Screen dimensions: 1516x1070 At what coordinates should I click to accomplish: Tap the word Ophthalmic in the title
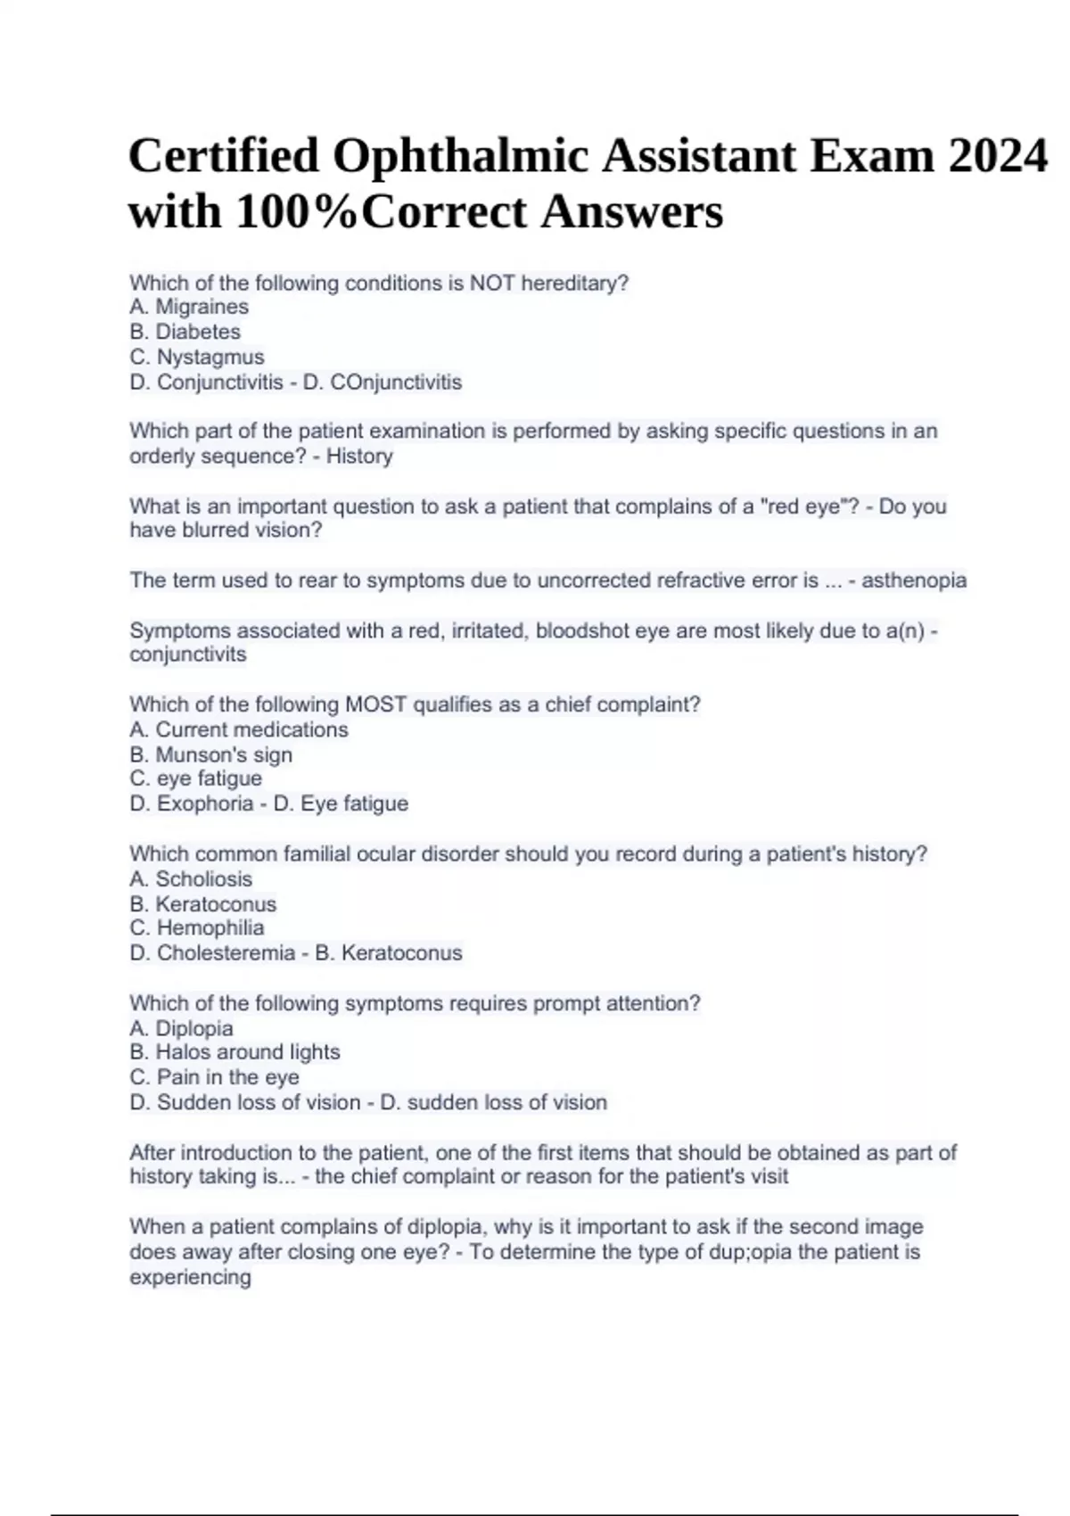[460, 156]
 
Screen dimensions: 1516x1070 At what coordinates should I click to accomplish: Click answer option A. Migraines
[189, 307]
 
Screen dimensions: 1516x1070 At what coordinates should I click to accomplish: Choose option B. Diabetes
[185, 332]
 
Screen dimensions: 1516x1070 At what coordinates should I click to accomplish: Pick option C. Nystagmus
[197, 357]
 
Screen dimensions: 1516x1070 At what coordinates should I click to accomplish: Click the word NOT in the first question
[492, 283]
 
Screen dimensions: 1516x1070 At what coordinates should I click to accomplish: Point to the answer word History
[359, 456]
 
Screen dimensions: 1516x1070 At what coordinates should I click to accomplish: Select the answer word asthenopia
[914, 580]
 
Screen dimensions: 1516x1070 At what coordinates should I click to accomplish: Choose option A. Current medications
[239, 729]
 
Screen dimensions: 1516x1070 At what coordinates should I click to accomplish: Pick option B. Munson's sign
[210, 754]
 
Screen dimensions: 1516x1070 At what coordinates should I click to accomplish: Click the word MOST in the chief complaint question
[375, 704]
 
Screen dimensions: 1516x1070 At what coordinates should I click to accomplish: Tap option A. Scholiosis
[191, 878]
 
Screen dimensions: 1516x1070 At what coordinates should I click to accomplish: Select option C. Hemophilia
[197, 927]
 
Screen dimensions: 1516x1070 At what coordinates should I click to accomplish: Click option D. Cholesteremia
[212, 952]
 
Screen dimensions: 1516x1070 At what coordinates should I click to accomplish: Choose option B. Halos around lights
[235, 1052]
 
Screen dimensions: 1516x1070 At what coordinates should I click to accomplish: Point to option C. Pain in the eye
[214, 1077]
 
